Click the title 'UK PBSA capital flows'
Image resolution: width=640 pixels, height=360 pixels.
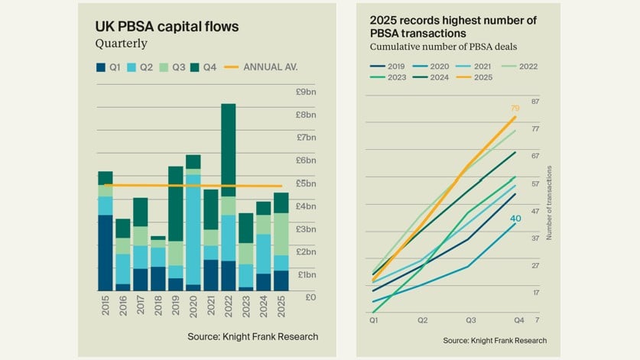[167, 27]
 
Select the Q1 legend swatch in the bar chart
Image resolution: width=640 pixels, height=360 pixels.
[101, 67]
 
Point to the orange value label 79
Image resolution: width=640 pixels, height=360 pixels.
[515, 109]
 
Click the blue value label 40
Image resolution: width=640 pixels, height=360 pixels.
[515, 219]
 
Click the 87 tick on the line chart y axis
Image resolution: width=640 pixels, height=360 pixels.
[536, 102]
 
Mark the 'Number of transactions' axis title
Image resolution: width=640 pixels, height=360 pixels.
[549, 204]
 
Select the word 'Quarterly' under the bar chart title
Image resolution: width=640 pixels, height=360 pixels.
[120, 44]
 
